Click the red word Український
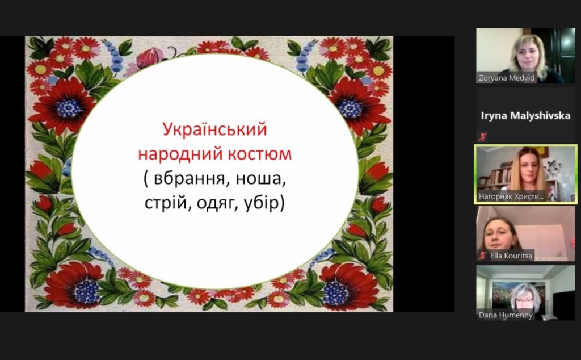(214, 129)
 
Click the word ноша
(261, 179)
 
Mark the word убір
(261, 203)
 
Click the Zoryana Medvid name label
(506, 78)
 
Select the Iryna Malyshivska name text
(525, 116)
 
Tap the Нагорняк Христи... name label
(511, 196)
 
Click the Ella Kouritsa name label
(511, 256)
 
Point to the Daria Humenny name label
(506, 315)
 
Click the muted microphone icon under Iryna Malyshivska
(482, 137)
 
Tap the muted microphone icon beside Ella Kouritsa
(482, 256)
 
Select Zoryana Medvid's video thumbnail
(525, 56)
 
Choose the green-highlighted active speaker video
(525, 174)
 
